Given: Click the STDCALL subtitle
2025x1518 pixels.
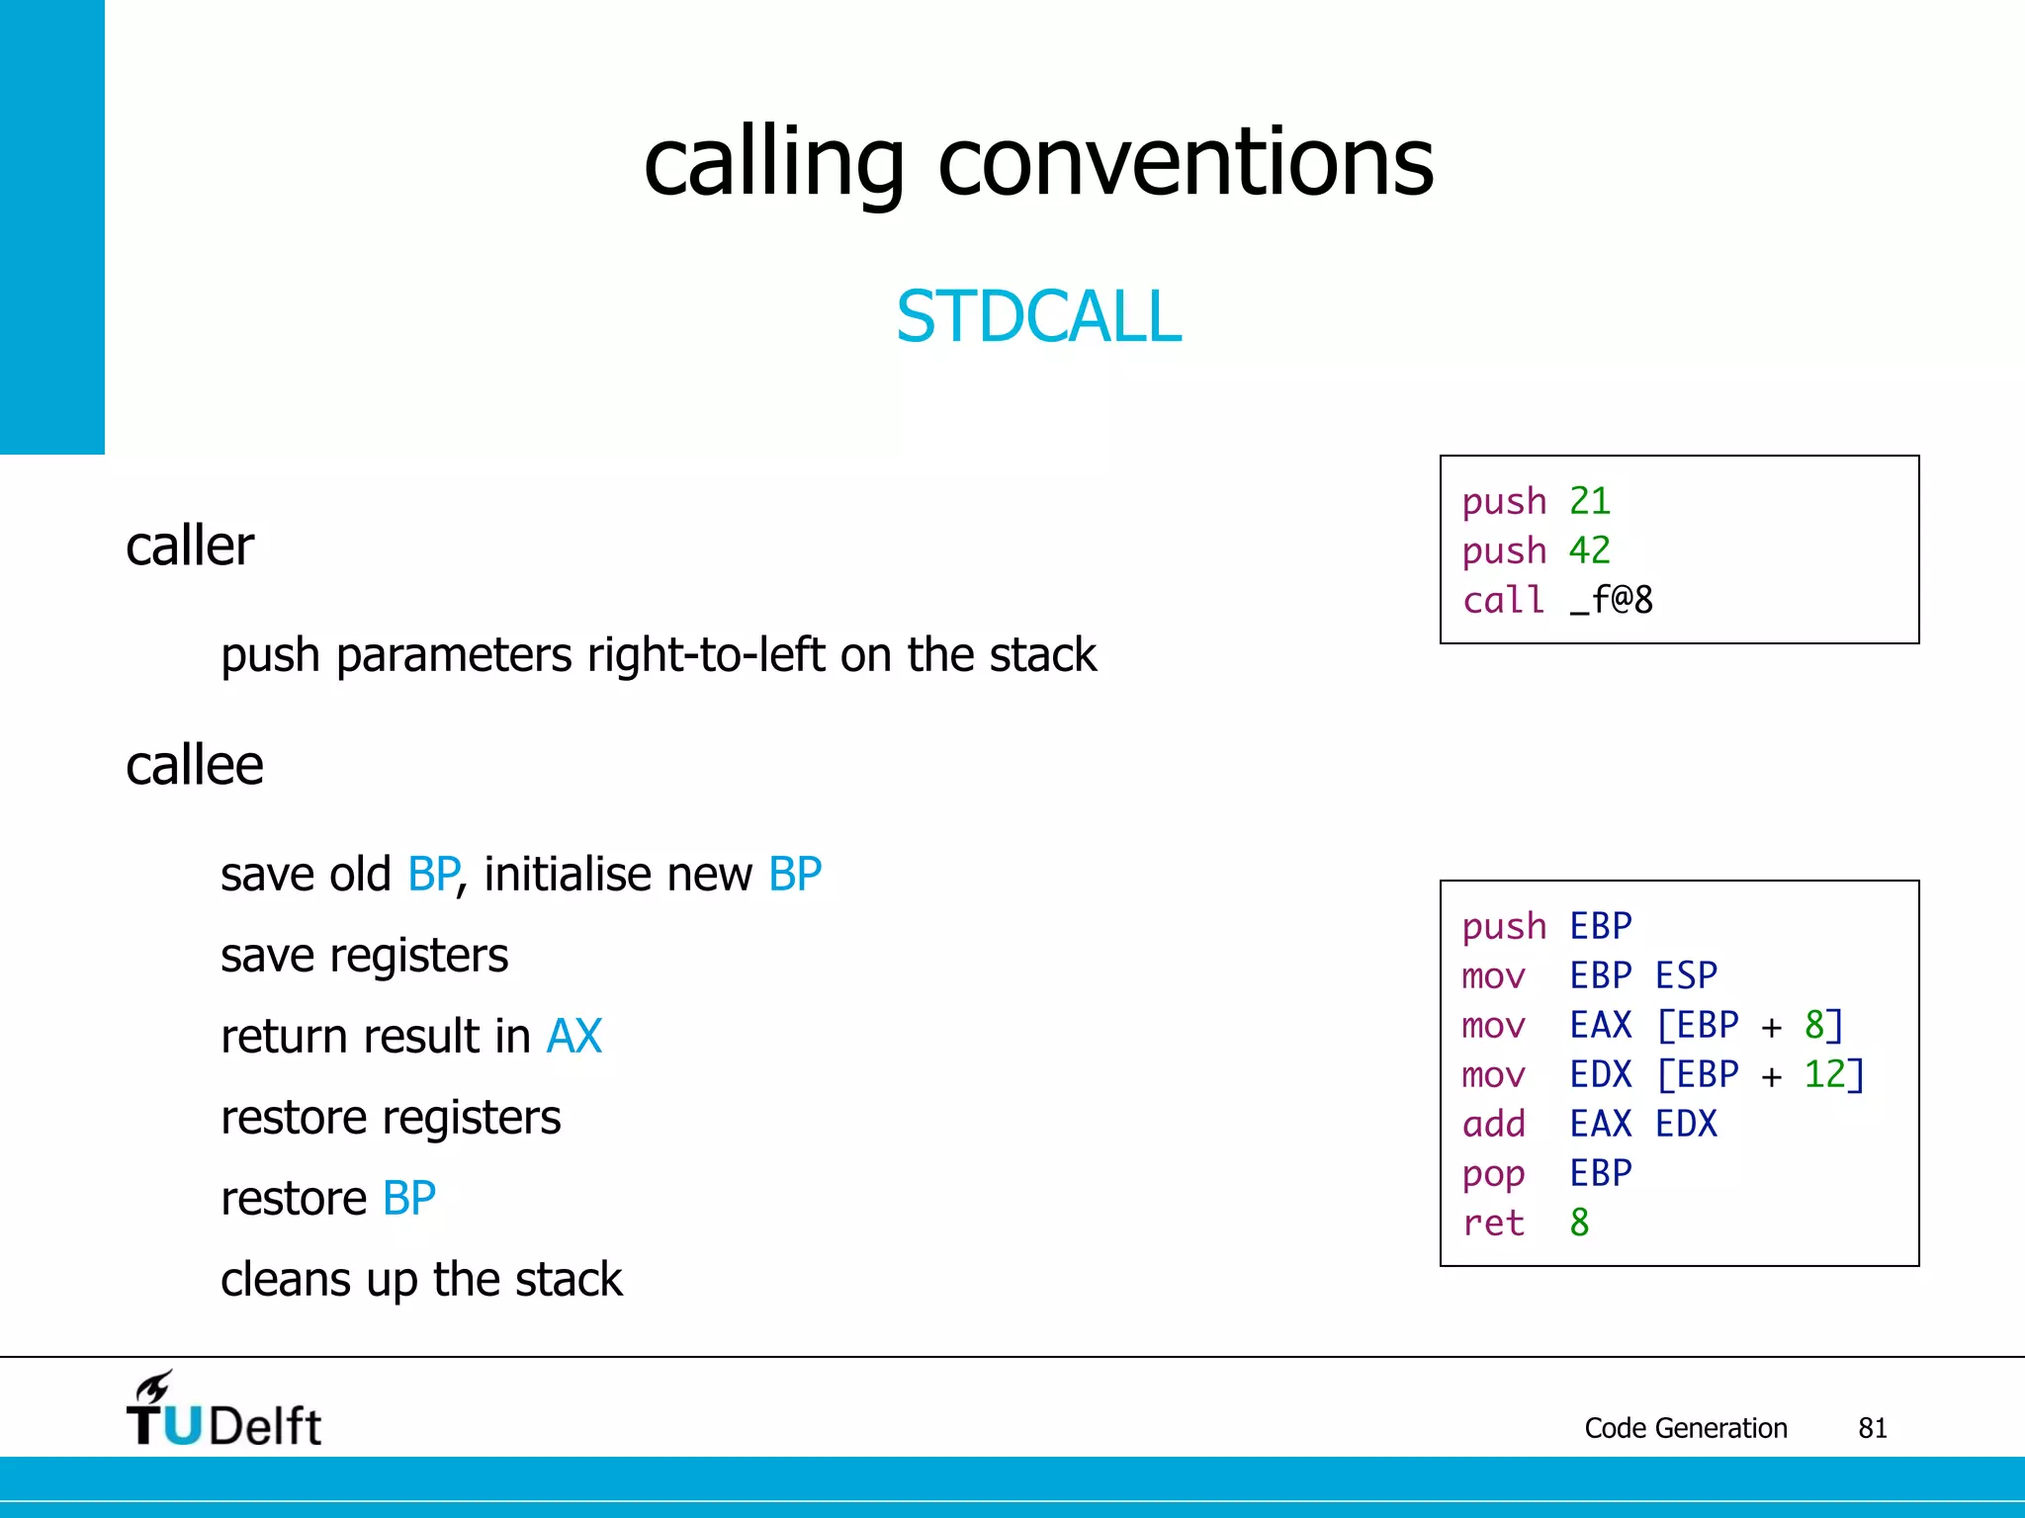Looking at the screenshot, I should pos(1038,316).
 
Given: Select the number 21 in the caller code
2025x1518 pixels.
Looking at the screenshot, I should pos(1589,501).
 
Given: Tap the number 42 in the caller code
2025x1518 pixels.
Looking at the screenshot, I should pos(1589,550).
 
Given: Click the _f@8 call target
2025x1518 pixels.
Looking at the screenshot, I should pos(1611,600).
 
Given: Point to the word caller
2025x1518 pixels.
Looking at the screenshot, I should pos(190,547).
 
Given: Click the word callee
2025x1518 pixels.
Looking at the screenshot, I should pos(195,766).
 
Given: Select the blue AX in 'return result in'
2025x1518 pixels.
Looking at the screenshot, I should pos(573,1037).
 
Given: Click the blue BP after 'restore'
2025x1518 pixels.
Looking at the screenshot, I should pos(408,1199).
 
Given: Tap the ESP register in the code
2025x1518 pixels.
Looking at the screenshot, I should pos(1686,975).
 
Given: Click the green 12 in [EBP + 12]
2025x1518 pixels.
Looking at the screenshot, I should pos(1824,1074).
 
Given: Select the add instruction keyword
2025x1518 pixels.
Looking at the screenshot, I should pos(1493,1124).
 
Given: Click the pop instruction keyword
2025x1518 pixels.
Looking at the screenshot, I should pos(1493,1175).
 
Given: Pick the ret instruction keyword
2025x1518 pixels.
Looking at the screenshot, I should pos(1493,1223).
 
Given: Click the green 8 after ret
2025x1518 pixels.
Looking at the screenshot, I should pos(1579,1223).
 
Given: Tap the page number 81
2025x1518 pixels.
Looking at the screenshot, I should pos(1872,1428).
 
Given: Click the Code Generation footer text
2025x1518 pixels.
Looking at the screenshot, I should pos(1685,1428).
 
